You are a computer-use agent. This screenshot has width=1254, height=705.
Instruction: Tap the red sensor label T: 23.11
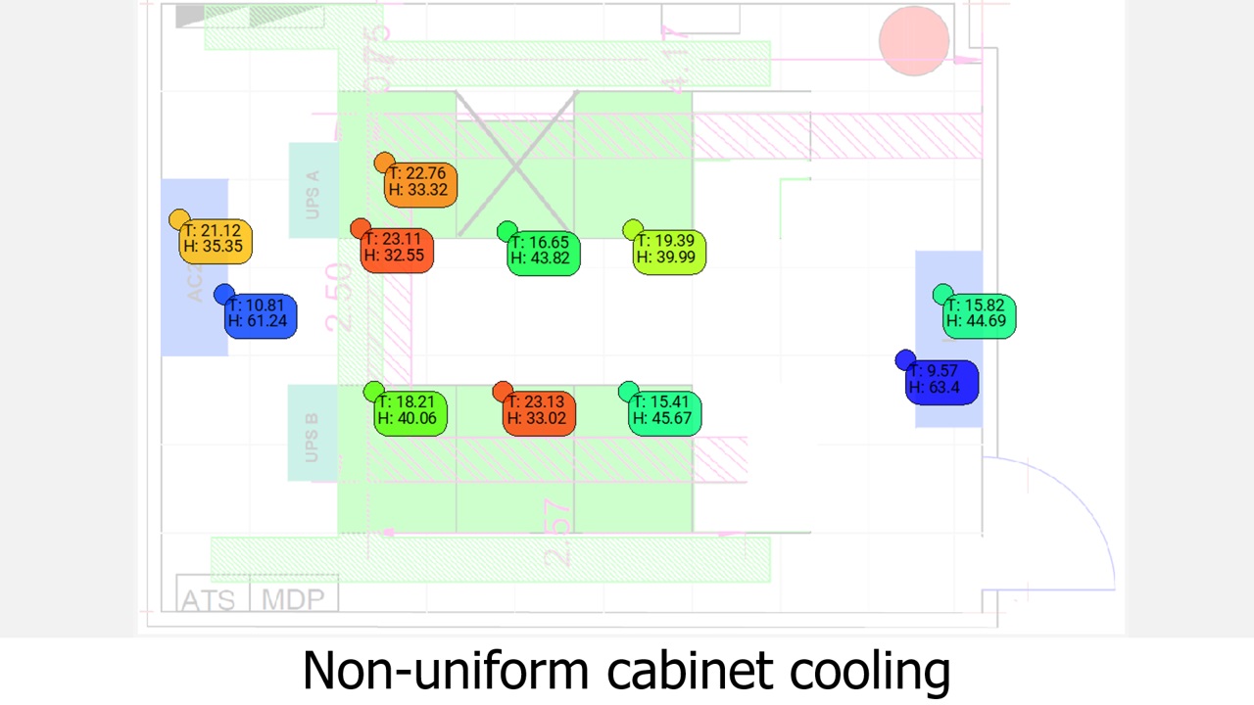397,248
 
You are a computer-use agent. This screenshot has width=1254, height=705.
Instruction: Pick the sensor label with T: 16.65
544,251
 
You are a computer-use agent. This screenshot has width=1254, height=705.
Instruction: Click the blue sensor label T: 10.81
261,314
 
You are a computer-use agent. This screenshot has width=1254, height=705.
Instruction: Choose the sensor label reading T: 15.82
980,314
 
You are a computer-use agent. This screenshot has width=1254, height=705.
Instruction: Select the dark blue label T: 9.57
941,380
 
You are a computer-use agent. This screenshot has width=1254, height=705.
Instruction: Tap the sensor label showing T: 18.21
411,410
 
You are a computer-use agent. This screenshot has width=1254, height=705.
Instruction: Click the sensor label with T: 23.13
538,410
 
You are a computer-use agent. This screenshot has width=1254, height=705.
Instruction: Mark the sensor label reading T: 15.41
665,410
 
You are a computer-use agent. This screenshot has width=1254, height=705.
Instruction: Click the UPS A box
313,191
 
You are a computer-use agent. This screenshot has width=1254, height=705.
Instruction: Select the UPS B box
312,433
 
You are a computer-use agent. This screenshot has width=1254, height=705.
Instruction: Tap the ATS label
209,599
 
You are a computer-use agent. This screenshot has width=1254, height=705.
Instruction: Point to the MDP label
293,599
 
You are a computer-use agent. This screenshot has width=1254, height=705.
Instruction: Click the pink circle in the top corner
914,41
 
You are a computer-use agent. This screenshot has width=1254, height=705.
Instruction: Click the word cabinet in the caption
692,671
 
